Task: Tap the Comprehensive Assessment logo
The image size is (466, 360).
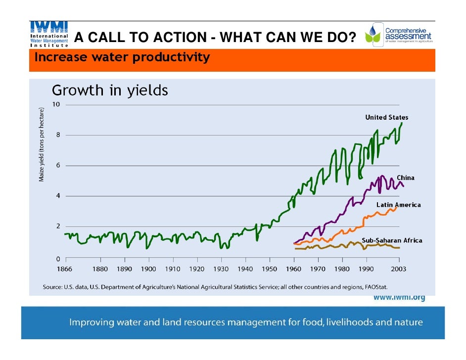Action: (398, 35)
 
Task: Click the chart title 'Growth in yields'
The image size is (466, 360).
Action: (110, 91)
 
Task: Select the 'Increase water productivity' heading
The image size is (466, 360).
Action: (122, 58)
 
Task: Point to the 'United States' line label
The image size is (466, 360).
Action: (386, 118)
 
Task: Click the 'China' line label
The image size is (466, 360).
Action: (405, 178)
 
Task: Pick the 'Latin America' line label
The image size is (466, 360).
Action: (398, 205)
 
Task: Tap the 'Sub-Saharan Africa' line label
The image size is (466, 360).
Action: (392, 240)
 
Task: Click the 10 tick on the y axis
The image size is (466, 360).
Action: (56, 105)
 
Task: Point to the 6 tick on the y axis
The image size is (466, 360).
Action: (57, 165)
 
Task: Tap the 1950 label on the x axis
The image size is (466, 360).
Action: (270, 269)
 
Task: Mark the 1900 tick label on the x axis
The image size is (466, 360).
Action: (148, 269)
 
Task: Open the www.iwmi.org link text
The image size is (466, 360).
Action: (399, 298)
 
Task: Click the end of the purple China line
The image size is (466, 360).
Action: (404, 186)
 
